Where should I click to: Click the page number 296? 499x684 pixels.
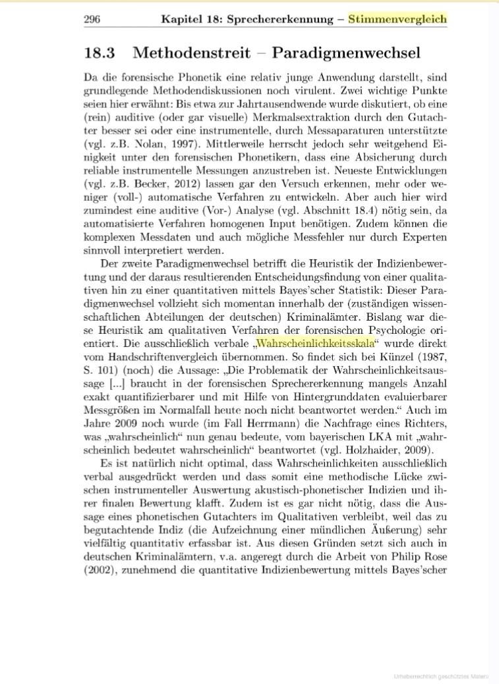tap(92, 19)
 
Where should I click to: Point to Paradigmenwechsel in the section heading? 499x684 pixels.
tap(346, 53)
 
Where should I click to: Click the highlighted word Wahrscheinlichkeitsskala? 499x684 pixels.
tap(315, 344)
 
